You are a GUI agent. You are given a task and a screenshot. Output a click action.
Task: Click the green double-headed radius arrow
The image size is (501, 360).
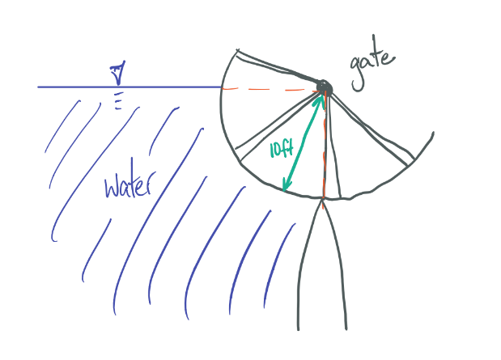tap(302, 143)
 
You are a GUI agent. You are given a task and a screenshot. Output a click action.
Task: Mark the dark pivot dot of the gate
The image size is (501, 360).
tap(324, 87)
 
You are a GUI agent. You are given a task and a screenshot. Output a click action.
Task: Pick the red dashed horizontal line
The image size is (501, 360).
tap(267, 87)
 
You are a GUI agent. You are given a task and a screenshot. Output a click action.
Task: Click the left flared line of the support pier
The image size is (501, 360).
tap(305, 267)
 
